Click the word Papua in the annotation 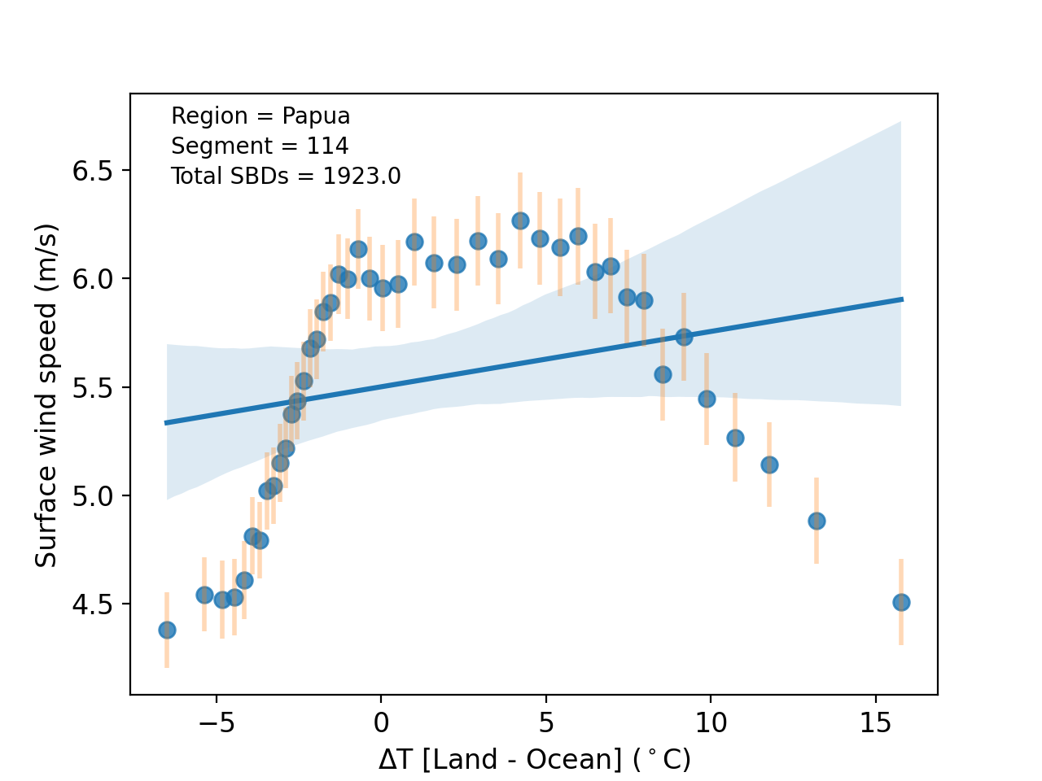(316, 116)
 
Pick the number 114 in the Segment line (327, 146)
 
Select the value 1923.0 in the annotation (361, 177)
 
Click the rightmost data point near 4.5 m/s (901, 602)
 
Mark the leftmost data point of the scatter (167, 630)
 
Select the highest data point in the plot (520, 220)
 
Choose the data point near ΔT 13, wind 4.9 (817, 521)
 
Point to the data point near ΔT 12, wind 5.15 (769, 465)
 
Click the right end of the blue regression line (902, 299)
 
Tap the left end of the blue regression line (166, 422)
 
